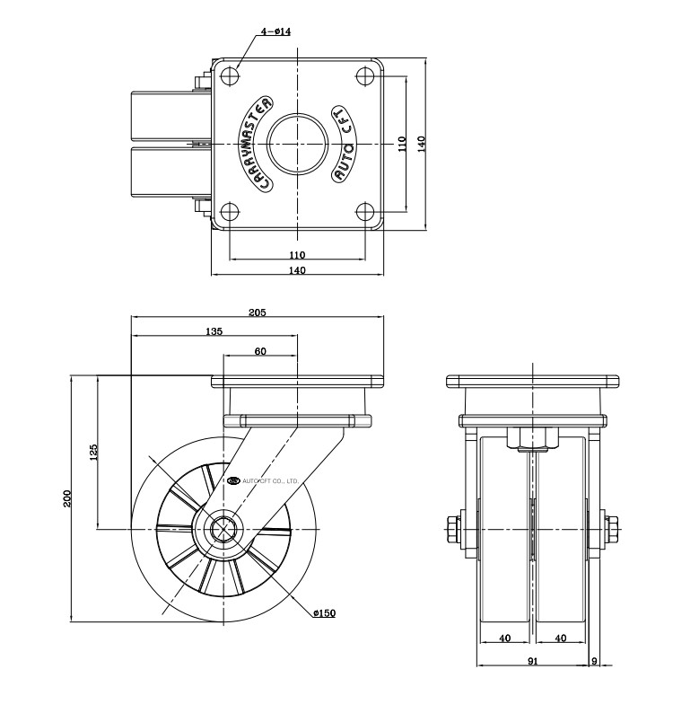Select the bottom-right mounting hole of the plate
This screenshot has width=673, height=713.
click(365, 212)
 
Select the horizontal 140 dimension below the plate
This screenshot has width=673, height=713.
click(297, 270)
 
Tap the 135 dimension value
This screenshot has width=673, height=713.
click(214, 331)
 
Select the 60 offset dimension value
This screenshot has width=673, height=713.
click(260, 351)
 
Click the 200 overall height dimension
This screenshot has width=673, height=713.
click(66, 498)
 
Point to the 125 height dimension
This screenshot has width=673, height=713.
click(93, 453)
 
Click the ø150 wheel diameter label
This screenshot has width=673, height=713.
click(324, 613)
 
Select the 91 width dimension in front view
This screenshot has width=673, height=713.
click(533, 661)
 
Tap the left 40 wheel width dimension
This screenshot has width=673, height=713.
click(505, 638)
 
